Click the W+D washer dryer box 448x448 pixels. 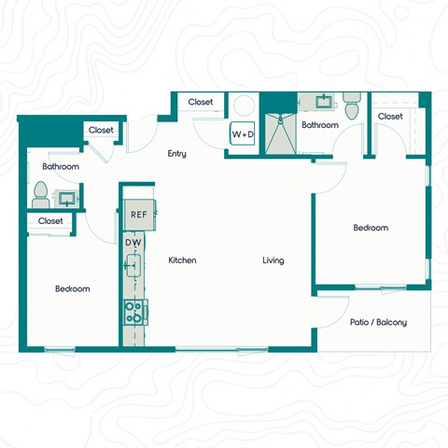(x=243, y=134)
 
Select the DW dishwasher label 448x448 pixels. (x=133, y=243)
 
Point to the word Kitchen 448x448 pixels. (x=181, y=260)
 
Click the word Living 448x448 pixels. (x=273, y=260)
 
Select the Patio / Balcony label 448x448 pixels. (x=378, y=322)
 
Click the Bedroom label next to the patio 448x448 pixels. (x=370, y=228)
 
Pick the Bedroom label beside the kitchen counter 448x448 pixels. (x=72, y=288)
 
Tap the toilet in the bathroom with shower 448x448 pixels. (x=350, y=107)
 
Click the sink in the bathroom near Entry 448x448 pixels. (x=67, y=198)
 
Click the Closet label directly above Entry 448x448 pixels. (x=200, y=102)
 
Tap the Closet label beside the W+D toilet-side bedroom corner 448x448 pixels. (x=390, y=116)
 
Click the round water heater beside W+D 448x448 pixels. (x=242, y=105)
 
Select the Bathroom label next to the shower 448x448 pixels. (x=319, y=125)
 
